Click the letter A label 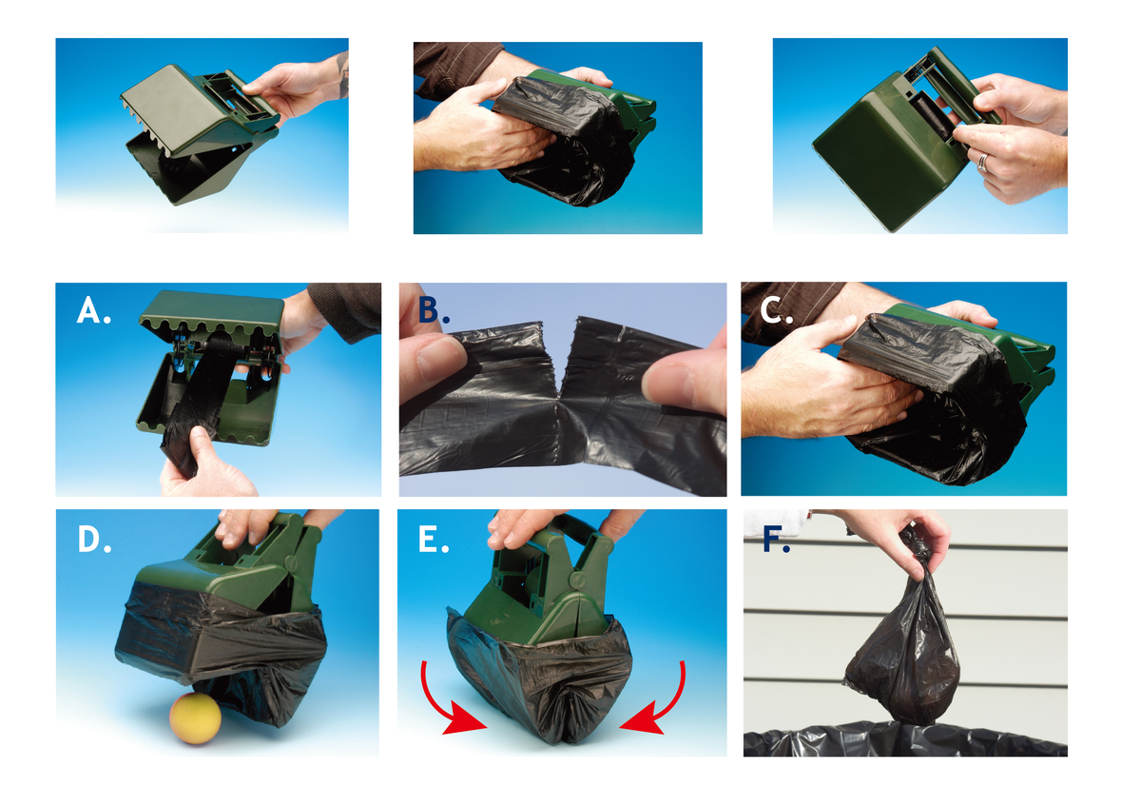[x=93, y=311]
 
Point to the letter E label [x=434, y=540]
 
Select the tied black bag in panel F [x=902, y=657]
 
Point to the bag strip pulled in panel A [x=200, y=400]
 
